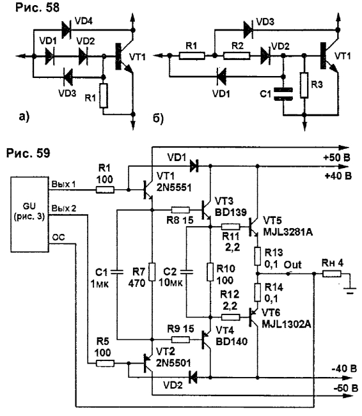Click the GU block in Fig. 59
29,214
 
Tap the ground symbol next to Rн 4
350,291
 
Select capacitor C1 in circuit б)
283,94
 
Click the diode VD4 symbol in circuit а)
66,30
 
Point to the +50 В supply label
336,158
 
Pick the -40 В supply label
344,369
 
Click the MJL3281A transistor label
288,232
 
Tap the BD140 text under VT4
232,341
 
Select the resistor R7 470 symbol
152,272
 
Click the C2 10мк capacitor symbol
187,272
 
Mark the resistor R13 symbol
257,256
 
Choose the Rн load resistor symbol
332,273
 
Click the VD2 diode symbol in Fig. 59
193,377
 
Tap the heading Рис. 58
37,8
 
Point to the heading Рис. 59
28,153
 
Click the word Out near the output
293,265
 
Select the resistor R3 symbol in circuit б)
304,85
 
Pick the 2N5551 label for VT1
174,188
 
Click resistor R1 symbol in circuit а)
104,95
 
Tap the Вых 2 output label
64,208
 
